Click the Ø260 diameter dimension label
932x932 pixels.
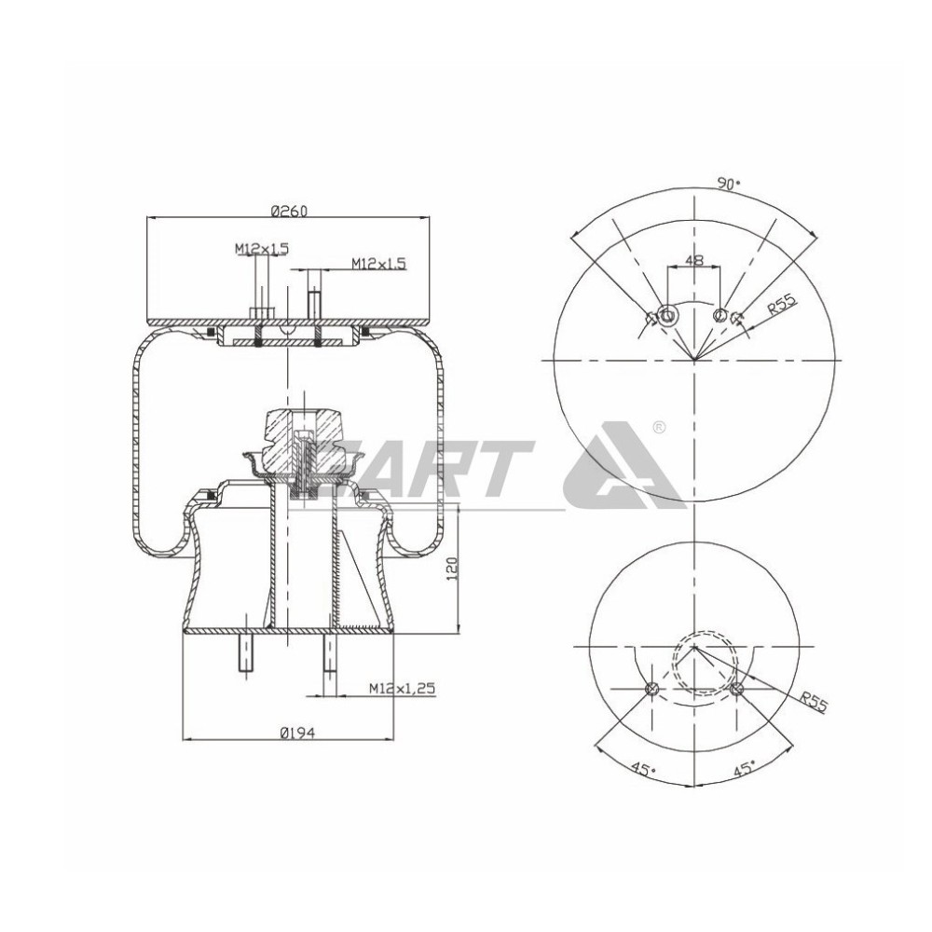pyautogui.click(x=289, y=212)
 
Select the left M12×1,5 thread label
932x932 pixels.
pyautogui.click(x=262, y=248)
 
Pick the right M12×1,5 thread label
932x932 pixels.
pyautogui.click(x=378, y=264)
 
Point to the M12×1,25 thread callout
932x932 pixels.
pyautogui.click(x=403, y=688)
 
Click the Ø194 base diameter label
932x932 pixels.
pyautogui.click(x=296, y=733)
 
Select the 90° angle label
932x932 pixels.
pyautogui.click(x=728, y=185)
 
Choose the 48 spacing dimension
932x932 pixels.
pyautogui.click(x=693, y=262)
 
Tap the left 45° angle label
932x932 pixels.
pyautogui.click(x=641, y=771)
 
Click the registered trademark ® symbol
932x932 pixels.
pyautogui.click(x=658, y=428)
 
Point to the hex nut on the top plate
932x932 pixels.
pyautogui.click(x=262, y=312)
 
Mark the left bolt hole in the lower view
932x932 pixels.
pyautogui.click(x=651, y=690)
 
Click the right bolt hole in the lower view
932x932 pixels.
pyautogui.click(x=736, y=690)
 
